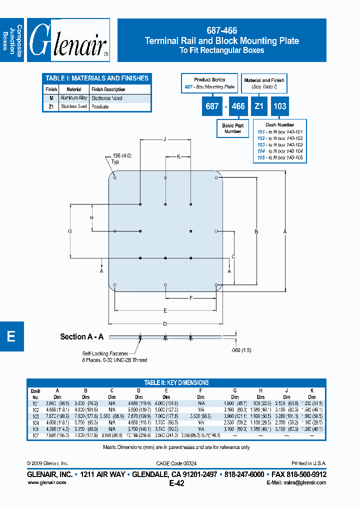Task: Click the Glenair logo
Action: [x=68, y=40]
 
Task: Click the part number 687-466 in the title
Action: [x=221, y=31]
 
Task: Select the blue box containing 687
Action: [x=212, y=106]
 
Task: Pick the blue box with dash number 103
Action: [x=279, y=106]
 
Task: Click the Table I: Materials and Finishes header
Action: [x=96, y=78]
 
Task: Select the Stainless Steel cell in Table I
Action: [x=74, y=106]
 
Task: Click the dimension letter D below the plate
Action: [x=165, y=324]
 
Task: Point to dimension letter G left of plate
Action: [x=70, y=231]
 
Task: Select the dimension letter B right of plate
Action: [x=256, y=231]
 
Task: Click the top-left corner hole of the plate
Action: [x=115, y=177]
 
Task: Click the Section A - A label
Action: [x=81, y=337]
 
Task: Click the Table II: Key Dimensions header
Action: [x=176, y=382]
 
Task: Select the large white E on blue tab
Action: [x=11, y=336]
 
